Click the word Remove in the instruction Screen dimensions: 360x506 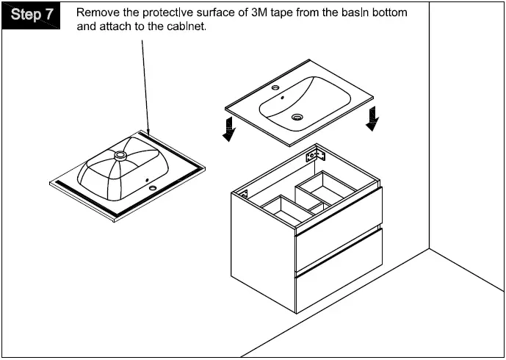98,12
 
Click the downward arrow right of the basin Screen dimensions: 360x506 373,117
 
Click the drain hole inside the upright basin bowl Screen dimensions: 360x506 297,117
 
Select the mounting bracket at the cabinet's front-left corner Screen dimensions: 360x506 242,197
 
